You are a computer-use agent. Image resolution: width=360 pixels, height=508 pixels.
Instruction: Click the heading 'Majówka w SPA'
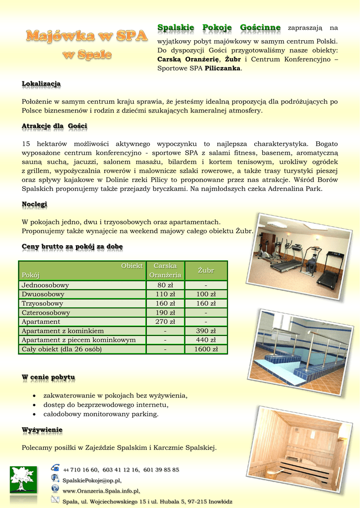click(x=87, y=36)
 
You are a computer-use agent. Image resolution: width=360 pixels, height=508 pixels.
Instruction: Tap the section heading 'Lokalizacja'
click(x=41, y=84)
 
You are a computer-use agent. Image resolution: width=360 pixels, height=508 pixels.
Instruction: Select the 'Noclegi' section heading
click(x=34, y=204)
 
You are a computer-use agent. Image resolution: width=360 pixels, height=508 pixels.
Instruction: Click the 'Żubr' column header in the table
click(x=206, y=270)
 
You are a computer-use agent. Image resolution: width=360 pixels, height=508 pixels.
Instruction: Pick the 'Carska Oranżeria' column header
click(x=165, y=270)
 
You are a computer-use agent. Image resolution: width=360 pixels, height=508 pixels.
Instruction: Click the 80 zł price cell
click(x=165, y=285)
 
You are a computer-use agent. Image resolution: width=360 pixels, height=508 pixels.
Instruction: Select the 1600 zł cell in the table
click(x=206, y=349)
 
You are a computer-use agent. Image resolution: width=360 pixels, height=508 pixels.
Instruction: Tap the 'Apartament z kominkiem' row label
click(x=63, y=331)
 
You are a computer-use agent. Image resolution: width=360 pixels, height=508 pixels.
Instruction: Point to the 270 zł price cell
click(x=165, y=322)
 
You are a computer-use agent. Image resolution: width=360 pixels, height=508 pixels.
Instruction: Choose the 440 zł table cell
click(x=206, y=340)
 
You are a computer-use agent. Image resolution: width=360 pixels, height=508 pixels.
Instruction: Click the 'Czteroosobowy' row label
click(x=46, y=313)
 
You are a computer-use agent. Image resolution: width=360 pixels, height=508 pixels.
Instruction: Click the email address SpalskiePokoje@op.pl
click(x=92, y=480)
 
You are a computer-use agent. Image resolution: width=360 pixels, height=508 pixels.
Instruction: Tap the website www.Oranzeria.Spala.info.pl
click(x=101, y=491)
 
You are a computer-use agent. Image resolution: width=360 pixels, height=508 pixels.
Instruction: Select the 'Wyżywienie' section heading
click(x=42, y=430)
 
